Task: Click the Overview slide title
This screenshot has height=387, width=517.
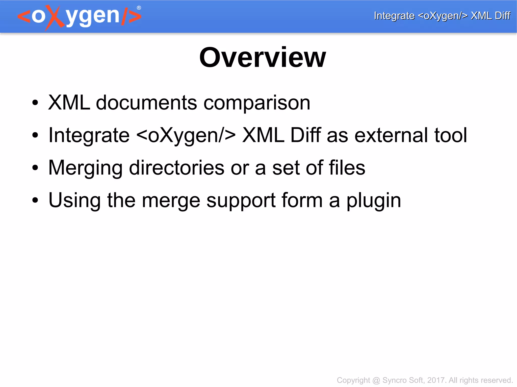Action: point(263,58)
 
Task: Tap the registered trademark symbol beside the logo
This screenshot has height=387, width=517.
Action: point(139,8)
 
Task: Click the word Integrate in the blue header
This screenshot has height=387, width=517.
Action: point(394,16)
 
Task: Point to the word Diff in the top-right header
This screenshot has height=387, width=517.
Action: point(502,16)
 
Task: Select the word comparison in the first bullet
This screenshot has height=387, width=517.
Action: point(257,103)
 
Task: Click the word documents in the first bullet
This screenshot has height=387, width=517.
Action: point(146,103)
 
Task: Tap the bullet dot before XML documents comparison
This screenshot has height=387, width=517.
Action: point(35,103)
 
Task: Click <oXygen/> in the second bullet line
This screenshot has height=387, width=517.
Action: point(186,135)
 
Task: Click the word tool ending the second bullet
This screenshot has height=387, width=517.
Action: point(451,135)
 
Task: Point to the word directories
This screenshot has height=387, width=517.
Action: point(176,168)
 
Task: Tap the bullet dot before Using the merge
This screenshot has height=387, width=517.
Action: point(35,201)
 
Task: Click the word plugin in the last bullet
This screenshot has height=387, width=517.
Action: point(374,201)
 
